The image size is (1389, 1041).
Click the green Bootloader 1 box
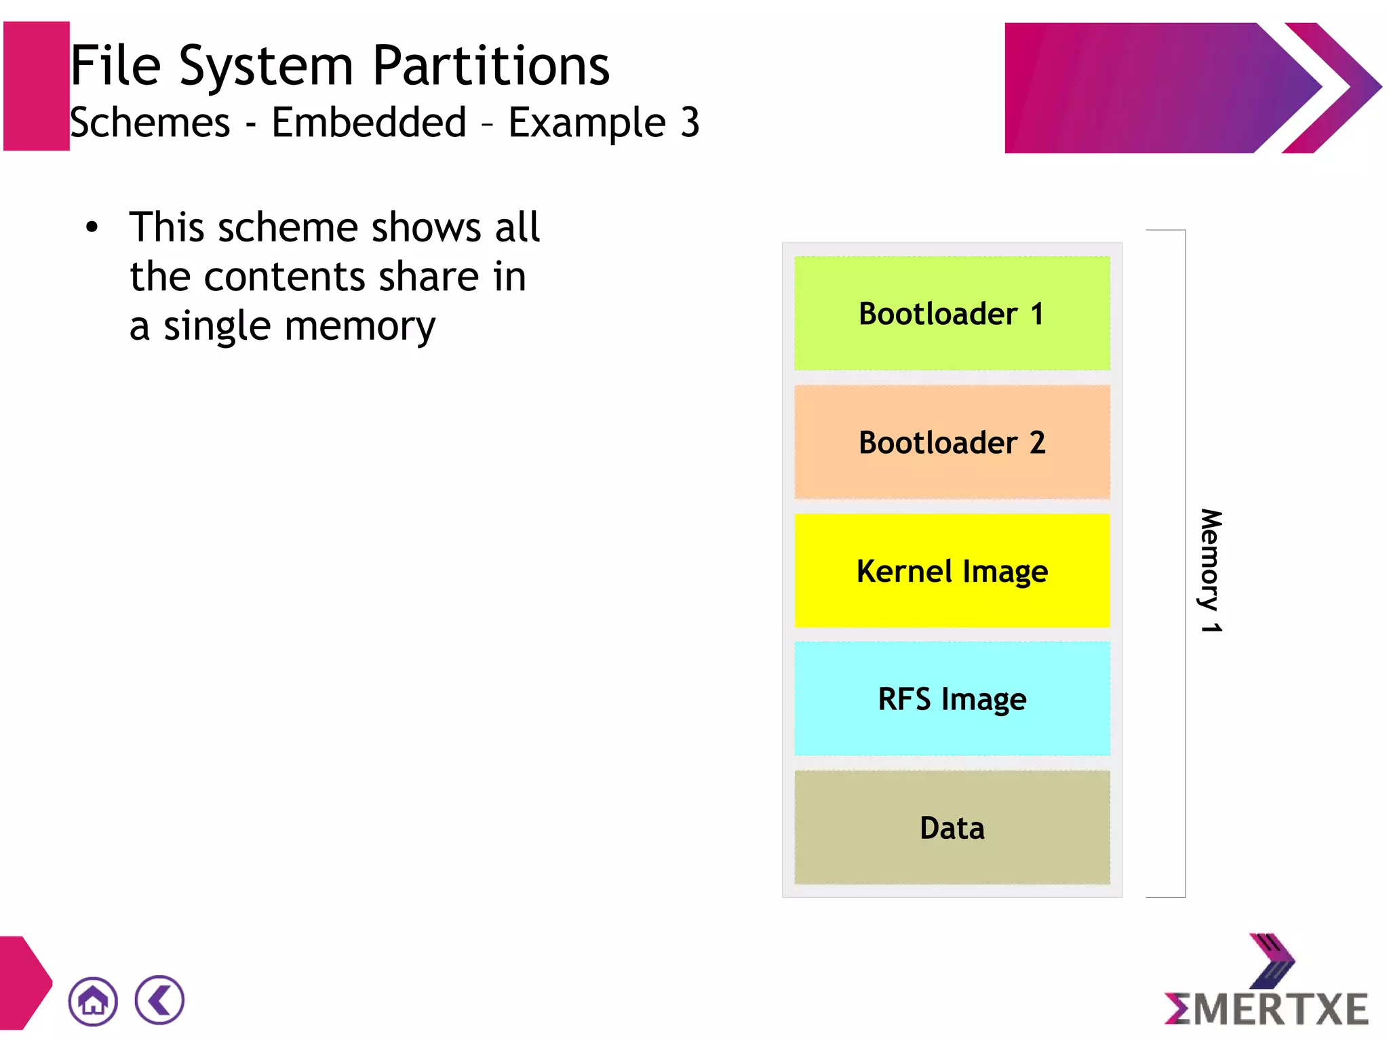952,313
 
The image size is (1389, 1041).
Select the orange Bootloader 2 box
952,442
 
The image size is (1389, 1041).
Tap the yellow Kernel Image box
952,571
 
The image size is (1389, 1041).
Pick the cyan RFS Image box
952,699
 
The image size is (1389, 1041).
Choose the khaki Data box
952,827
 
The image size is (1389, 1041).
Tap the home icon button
93,1001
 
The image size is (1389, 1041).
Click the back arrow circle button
159,1000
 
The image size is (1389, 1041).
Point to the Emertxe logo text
1266,1008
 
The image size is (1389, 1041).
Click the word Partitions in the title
491,66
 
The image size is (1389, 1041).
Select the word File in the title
116,66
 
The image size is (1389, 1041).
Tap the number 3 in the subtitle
690,123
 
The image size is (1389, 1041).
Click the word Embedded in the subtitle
369,123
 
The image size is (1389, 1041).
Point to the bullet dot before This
92,227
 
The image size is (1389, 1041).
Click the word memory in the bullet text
359,327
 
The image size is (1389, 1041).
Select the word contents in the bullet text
284,277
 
